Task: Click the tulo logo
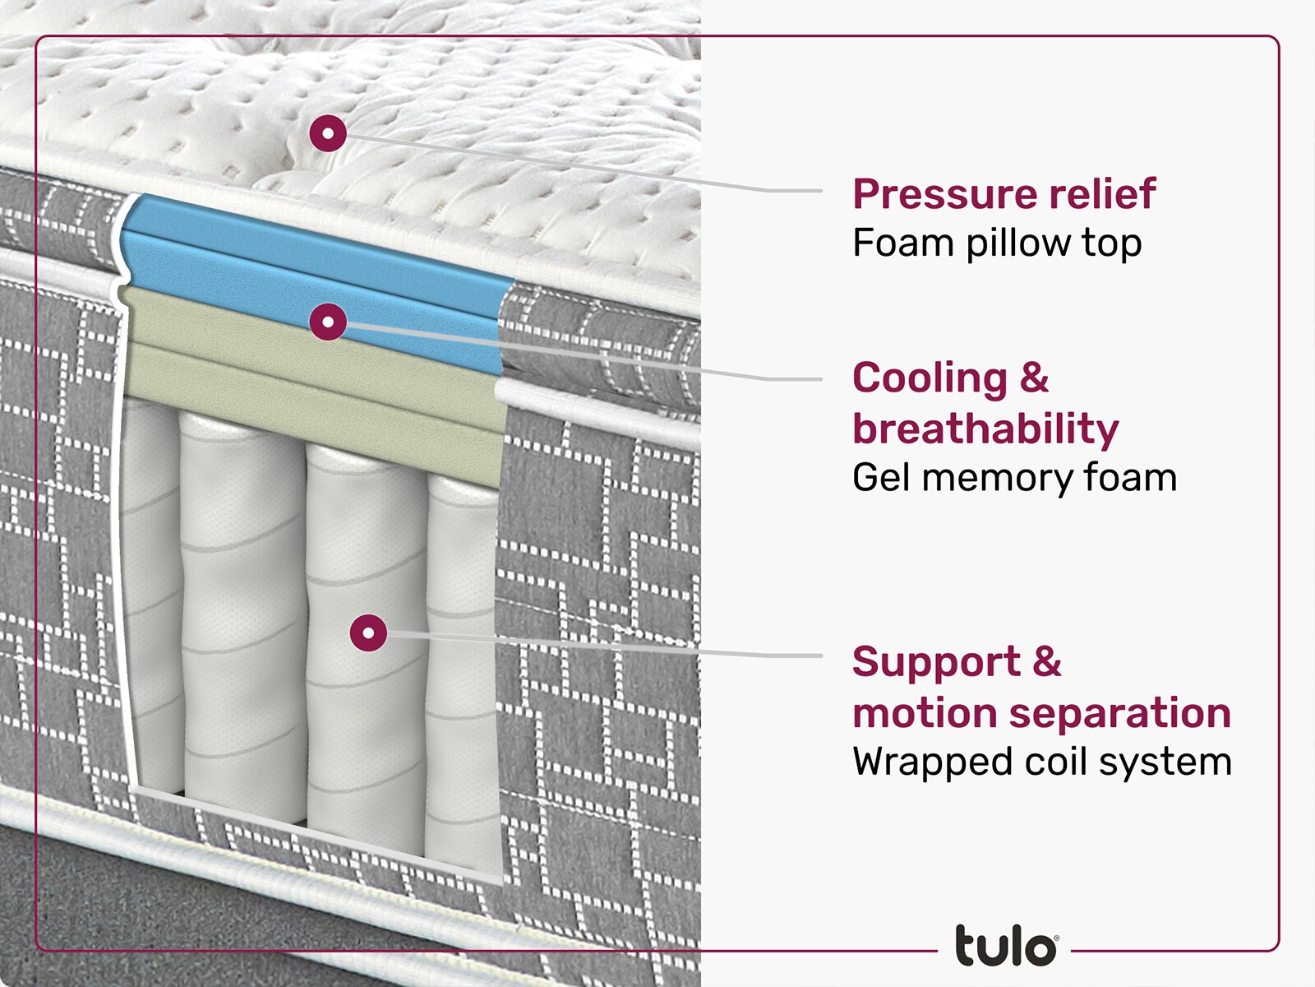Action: coord(1005,947)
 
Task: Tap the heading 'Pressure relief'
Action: coord(1004,194)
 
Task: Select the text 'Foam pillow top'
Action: coord(996,243)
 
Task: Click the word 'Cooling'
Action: coord(929,378)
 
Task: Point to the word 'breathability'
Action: coord(985,429)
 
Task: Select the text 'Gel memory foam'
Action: coord(1014,478)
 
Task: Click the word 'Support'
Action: coord(936,662)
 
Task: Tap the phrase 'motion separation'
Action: coord(1041,712)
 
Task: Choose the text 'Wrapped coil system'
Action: coord(1041,762)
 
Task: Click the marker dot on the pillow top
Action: coord(328,132)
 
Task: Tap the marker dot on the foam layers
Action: coord(328,322)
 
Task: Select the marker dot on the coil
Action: coord(368,633)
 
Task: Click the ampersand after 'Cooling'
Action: coord(1034,378)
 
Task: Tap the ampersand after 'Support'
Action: coord(1047,662)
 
